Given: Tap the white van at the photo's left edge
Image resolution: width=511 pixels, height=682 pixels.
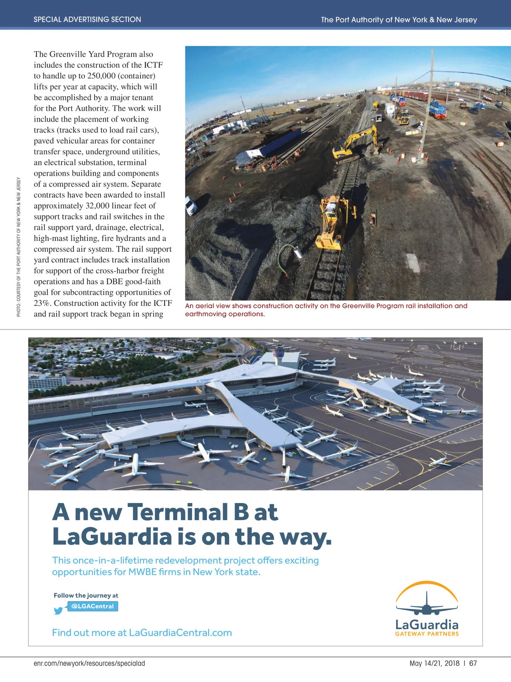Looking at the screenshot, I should (191, 206).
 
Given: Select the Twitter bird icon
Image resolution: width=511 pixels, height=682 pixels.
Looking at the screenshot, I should (58, 610).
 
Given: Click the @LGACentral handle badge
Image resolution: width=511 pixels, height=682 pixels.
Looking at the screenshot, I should (92, 606).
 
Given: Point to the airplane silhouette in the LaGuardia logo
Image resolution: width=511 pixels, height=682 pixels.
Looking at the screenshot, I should (427, 605).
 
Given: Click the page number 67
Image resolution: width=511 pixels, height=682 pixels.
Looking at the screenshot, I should (473, 663).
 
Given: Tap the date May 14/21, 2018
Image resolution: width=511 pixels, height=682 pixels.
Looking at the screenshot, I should (434, 663).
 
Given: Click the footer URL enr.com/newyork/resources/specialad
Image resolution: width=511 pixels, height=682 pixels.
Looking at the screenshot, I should (89, 663).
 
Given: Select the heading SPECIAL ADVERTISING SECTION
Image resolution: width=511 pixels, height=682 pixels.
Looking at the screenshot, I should (87, 19).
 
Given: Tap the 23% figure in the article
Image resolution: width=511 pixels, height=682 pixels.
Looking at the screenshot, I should (43, 303).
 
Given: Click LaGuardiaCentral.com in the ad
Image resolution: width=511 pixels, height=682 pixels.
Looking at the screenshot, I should (180, 633).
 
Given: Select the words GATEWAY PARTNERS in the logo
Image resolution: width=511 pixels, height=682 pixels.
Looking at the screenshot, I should (427, 634).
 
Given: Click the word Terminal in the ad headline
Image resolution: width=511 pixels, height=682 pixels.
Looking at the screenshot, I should (177, 512).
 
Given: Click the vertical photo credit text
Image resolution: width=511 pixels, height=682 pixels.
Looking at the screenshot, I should (19, 247).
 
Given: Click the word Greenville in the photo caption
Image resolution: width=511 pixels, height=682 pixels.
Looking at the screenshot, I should (360, 306).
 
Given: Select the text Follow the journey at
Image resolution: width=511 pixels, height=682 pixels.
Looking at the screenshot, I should (86, 595).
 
